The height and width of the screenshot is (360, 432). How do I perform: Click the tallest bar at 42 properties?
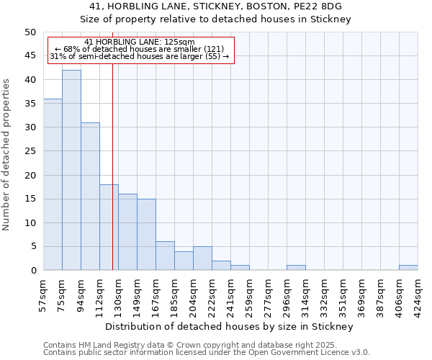pyautogui.click(x=71, y=170)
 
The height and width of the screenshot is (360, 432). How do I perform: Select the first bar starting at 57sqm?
pyautogui.click(x=53, y=184)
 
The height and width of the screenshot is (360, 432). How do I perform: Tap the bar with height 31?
pyautogui.click(x=90, y=196)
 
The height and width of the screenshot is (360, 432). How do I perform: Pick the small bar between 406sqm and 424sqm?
pyautogui.click(x=408, y=268)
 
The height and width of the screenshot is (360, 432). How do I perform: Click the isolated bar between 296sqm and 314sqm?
pyautogui.click(x=296, y=268)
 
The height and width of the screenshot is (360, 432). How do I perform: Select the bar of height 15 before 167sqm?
pyautogui.click(x=146, y=234)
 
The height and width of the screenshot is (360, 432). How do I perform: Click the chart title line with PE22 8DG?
pyautogui.click(x=215, y=6)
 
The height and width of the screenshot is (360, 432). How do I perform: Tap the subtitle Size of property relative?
pyautogui.click(x=215, y=19)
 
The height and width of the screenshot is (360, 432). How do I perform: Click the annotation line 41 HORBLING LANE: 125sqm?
pyautogui.click(x=139, y=42)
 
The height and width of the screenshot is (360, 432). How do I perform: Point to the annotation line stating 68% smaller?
pyautogui.click(x=139, y=49)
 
